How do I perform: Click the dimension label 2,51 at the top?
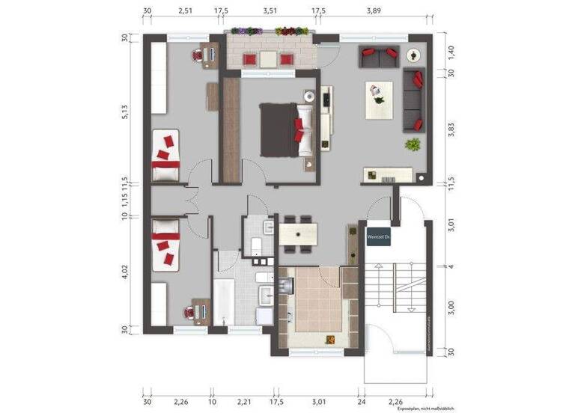pos(185,11)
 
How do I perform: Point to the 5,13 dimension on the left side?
pos(126,111)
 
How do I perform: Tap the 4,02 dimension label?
pos(126,273)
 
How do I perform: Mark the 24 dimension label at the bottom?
pos(361,402)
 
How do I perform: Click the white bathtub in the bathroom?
pos(224,299)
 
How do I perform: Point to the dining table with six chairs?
pos(299,233)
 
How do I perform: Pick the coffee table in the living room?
pos(379,100)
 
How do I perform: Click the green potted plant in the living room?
pos(411,144)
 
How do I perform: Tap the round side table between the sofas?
pos(413,55)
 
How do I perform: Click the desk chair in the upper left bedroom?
pos(198,55)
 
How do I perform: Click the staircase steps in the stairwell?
pos(387,288)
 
